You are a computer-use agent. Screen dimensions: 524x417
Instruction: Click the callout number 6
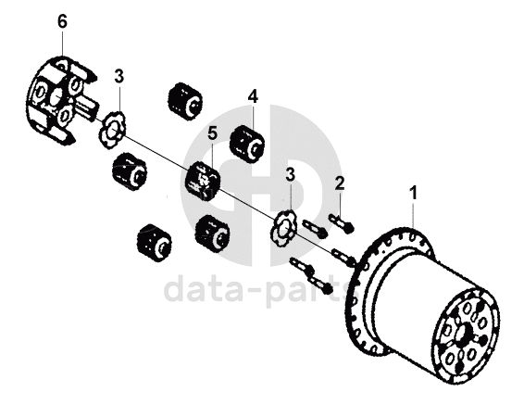click(x=62, y=22)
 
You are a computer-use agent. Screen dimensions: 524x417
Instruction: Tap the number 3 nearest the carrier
click(x=119, y=77)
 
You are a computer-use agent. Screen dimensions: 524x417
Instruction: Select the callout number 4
click(x=253, y=97)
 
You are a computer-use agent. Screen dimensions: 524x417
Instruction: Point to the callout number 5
click(x=213, y=133)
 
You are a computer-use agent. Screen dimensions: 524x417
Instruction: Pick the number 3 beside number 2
click(x=290, y=175)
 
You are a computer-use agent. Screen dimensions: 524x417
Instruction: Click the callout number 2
click(x=340, y=183)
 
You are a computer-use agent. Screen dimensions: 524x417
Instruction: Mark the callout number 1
click(x=414, y=193)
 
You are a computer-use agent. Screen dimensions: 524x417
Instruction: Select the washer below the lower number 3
click(x=283, y=229)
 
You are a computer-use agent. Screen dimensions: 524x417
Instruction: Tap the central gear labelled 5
click(x=203, y=180)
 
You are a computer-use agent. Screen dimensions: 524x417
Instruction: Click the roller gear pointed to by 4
click(x=247, y=145)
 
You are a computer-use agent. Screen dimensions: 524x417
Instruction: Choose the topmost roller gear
click(x=184, y=101)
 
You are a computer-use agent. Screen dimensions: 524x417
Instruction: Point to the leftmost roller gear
click(x=130, y=171)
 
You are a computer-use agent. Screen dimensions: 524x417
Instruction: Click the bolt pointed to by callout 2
click(x=342, y=223)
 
